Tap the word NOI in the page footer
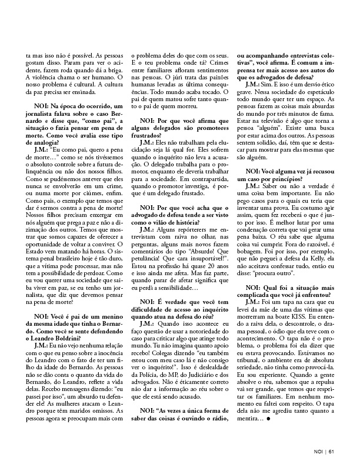pyautogui.click(x=318, y=453)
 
